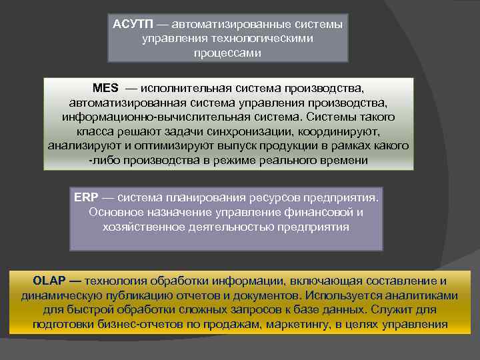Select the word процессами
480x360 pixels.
tap(227, 53)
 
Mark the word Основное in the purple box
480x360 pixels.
tap(117, 213)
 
